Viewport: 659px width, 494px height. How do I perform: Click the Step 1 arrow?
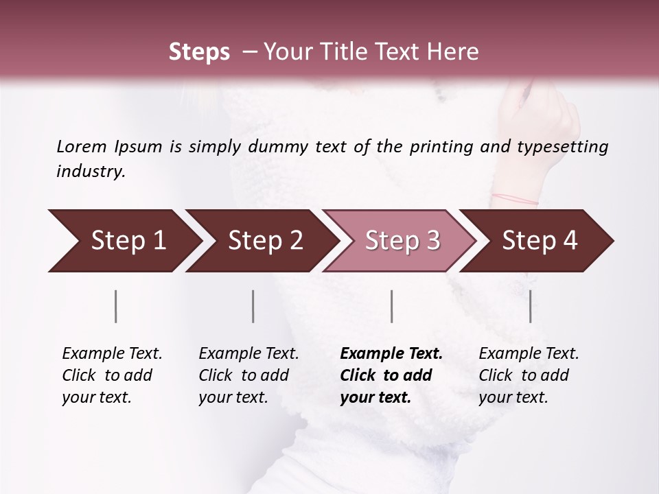point(124,241)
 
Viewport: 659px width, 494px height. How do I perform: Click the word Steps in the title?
point(199,52)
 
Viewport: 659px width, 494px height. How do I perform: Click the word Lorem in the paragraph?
point(81,146)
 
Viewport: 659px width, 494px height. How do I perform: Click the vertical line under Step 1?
point(116,306)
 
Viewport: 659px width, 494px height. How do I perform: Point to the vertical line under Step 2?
point(253,306)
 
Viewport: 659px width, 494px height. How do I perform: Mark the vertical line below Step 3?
point(391,306)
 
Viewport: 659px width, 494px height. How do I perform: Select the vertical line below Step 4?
point(530,306)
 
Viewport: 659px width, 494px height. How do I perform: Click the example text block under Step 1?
point(112,375)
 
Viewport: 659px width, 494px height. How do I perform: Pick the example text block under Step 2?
point(248,375)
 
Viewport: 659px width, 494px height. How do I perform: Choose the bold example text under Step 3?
point(391,375)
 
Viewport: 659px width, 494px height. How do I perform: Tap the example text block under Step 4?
point(529,375)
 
